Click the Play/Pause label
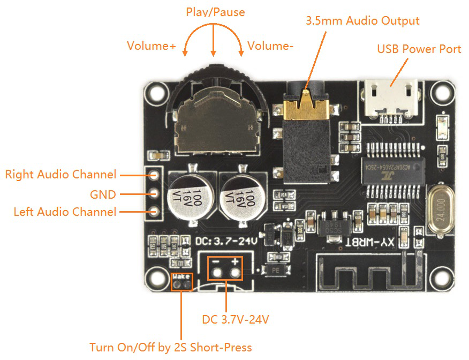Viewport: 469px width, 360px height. pyautogui.click(x=215, y=12)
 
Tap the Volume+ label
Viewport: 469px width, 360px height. pyautogui.click(x=151, y=46)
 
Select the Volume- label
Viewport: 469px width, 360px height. pyautogui.click(x=270, y=46)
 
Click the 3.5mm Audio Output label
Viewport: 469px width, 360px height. pyautogui.click(x=362, y=21)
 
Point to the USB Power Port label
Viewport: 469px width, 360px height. pyautogui.click(x=419, y=49)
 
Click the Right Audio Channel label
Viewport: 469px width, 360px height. pyautogui.click(x=60, y=174)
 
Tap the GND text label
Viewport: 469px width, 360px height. pyautogui.click(x=102, y=193)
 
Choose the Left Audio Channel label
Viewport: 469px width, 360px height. pyautogui.click(x=65, y=212)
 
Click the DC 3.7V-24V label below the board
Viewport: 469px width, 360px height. pyautogui.click(x=236, y=320)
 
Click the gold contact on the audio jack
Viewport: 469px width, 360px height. pyautogui.click(x=306, y=107)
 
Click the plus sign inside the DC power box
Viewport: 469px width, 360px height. pyautogui.click(x=234, y=262)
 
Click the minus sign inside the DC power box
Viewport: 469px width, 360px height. pyautogui.click(x=215, y=262)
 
